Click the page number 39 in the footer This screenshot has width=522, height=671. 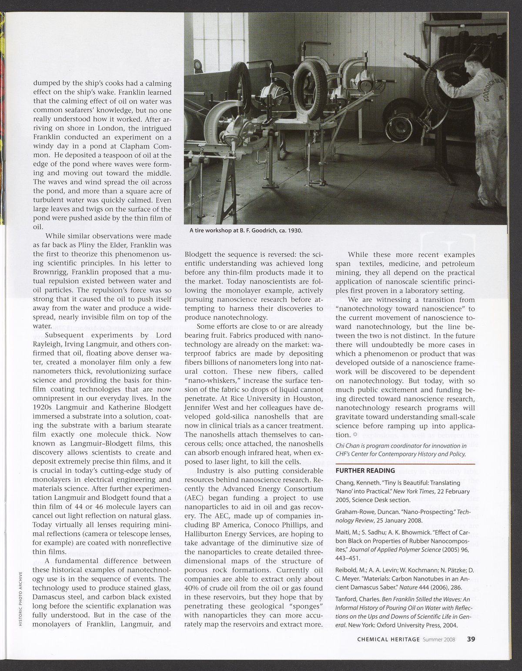pos(471,639)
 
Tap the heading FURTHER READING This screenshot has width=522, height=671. pos(365,470)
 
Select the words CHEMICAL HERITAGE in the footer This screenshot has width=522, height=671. pos(388,639)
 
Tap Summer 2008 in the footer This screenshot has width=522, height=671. pos(440,639)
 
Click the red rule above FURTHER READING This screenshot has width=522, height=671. pos(405,465)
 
